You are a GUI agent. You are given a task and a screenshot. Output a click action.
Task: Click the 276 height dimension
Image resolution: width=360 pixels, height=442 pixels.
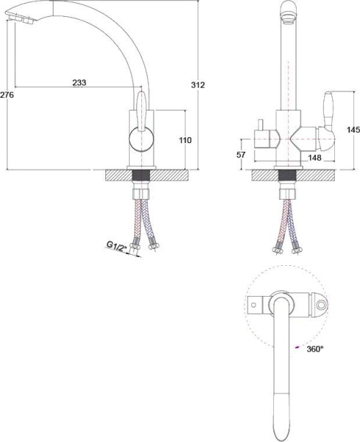(x=6, y=95)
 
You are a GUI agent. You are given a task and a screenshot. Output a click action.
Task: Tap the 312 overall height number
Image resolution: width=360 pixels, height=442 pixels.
(x=198, y=85)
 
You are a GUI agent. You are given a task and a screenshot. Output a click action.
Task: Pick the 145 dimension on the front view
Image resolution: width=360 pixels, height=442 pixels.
(x=353, y=130)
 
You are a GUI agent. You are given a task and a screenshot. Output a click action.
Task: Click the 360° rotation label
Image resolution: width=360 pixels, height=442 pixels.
(x=314, y=349)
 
